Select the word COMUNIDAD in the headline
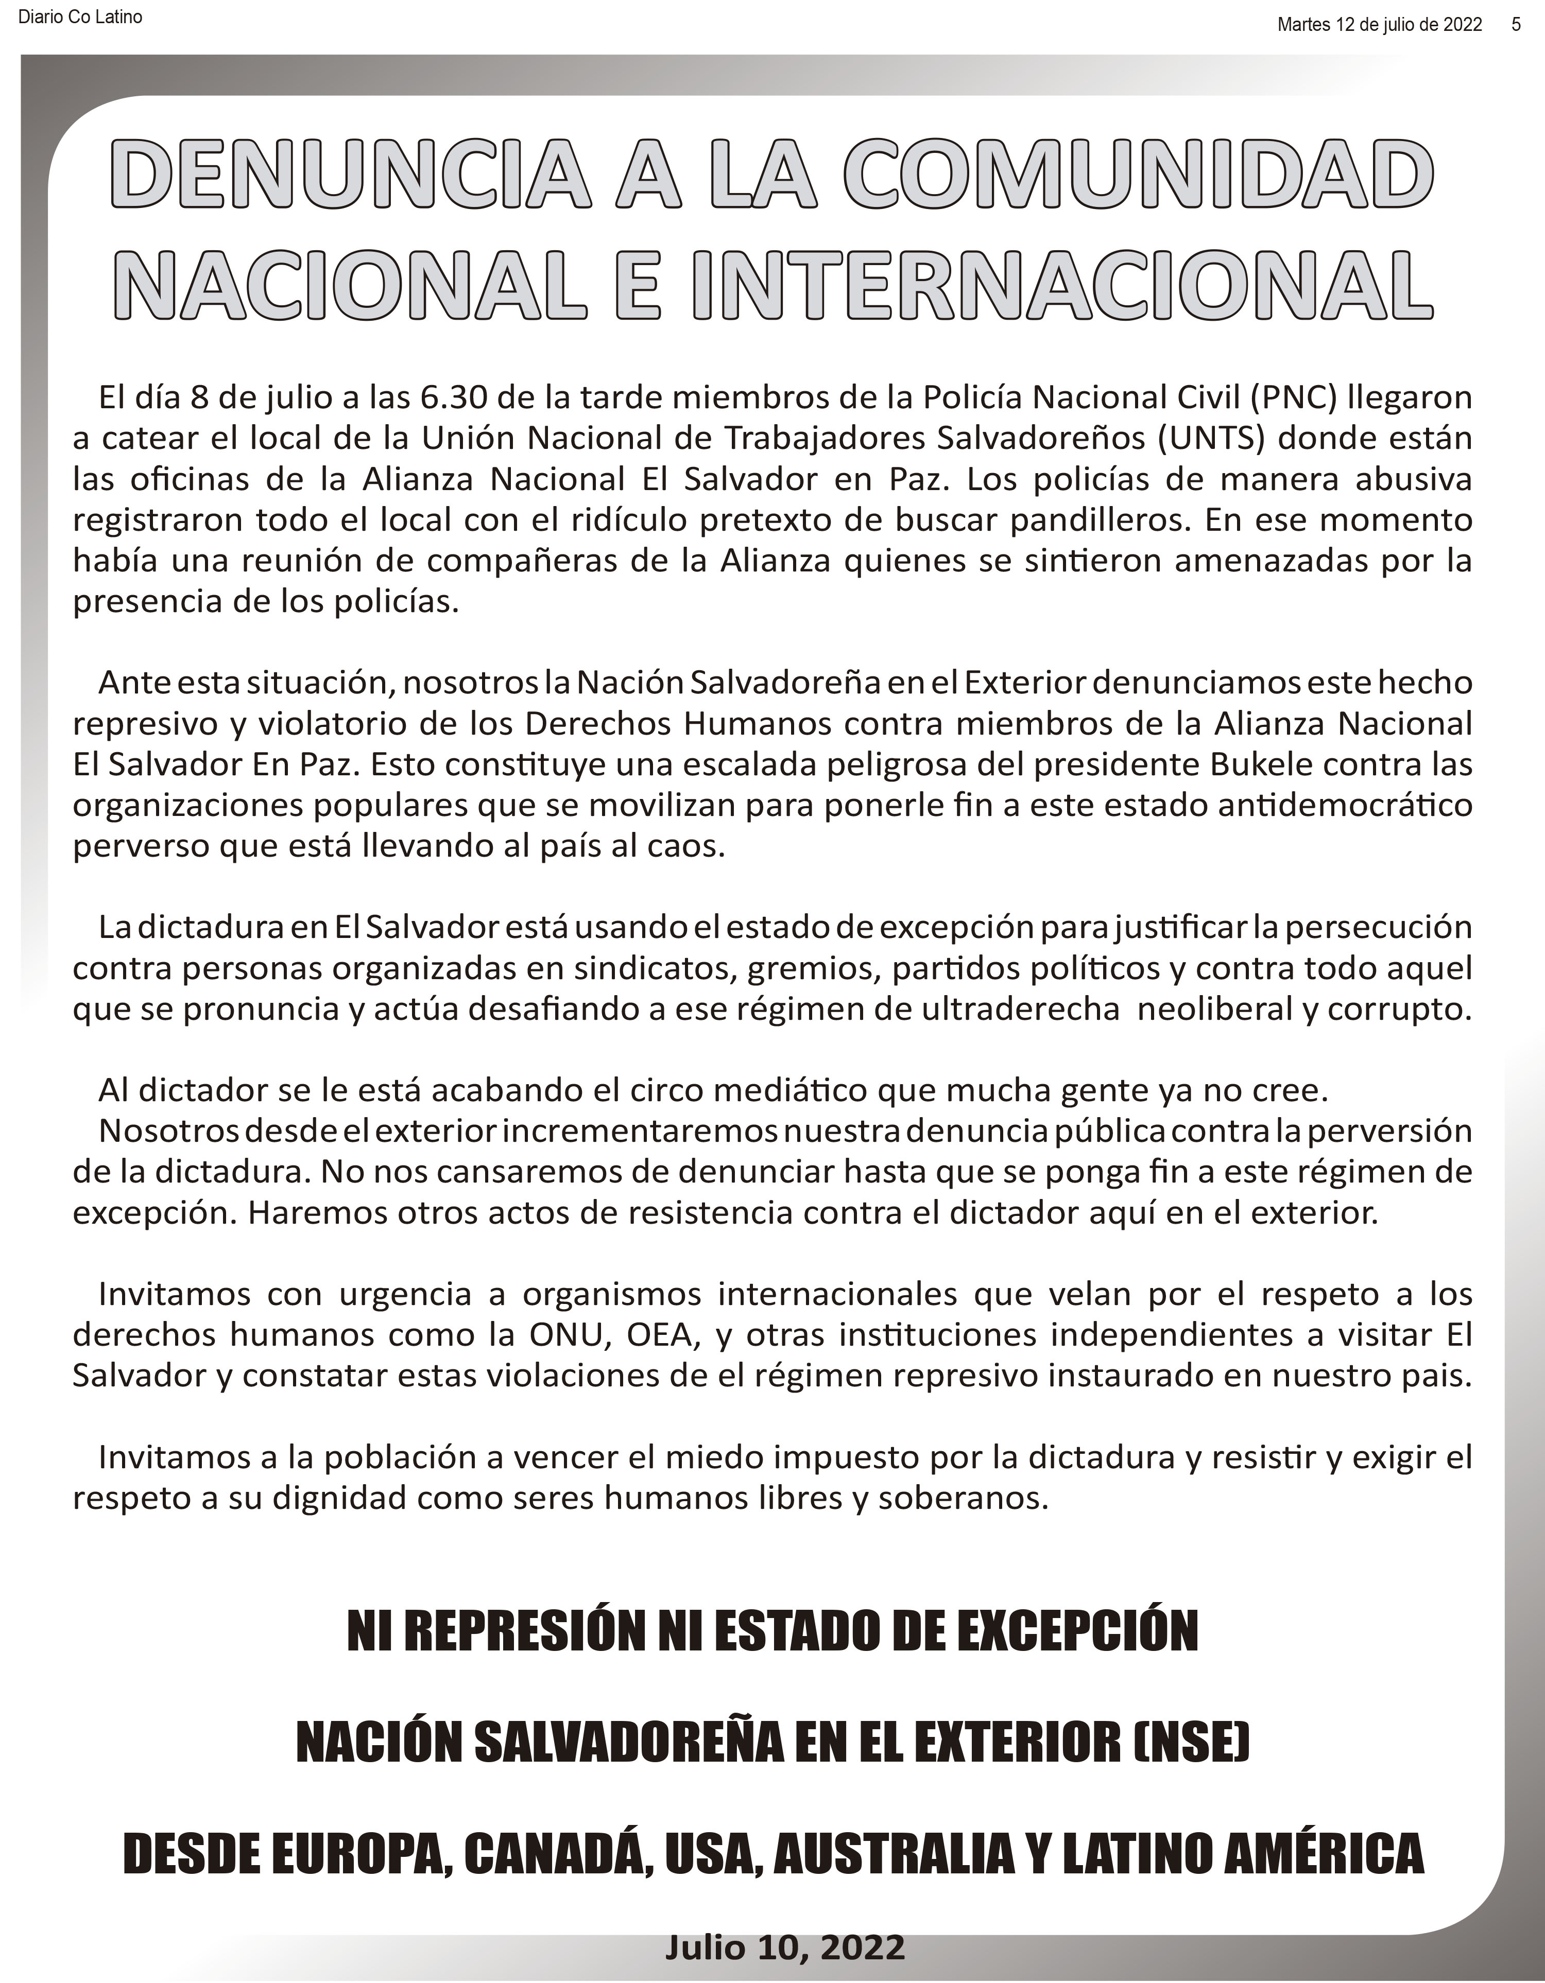(1139, 172)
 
